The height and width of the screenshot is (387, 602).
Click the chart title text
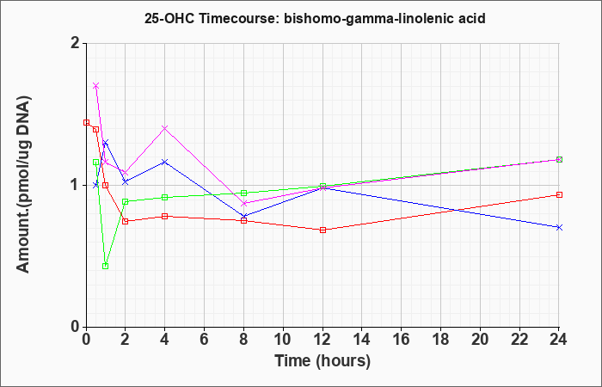pyautogui.click(x=315, y=18)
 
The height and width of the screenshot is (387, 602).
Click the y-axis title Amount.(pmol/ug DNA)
pyautogui.click(x=23, y=185)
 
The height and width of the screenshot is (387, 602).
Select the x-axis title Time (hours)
pyautogui.click(x=322, y=361)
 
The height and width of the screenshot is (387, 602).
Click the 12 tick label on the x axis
pyautogui.click(x=322, y=340)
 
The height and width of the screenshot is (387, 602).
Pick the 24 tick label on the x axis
pyautogui.click(x=559, y=340)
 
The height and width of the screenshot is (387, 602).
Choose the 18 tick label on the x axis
pyautogui.click(x=440, y=340)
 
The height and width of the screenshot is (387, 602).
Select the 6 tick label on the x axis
pyautogui.click(x=205, y=340)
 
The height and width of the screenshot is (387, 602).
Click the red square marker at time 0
pyautogui.click(x=86, y=122)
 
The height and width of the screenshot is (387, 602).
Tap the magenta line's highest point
pyautogui.click(x=96, y=86)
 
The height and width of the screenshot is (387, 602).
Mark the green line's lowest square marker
pyautogui.click(x=106, y=266)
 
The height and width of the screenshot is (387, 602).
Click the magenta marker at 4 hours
pyautogui.click(x=165, y=128)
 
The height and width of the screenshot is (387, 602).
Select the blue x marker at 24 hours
pyautogui.click(x=559, y=227)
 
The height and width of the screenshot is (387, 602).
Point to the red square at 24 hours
pyautogui.click(x=559, y=194)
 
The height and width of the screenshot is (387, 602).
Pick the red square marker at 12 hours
pyautogui.click(x=322, y=230)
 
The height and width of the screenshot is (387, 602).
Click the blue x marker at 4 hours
pyautogui.click(x=165, y=162)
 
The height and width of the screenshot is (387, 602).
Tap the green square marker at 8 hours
pyautogui.click(x=243, y=193)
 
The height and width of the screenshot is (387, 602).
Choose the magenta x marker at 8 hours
pyautogui.click(x=243, y=203)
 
